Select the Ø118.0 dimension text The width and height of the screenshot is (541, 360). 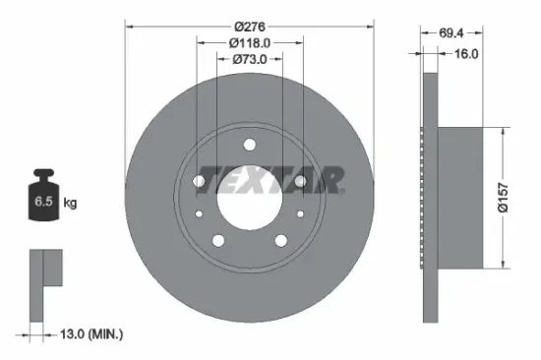[x=250, y=43]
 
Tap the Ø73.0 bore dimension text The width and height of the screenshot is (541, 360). [x=250, y=61]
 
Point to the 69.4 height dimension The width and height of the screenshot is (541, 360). [x=452, y=32]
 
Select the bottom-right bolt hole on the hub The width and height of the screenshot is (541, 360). [x=279, y=240]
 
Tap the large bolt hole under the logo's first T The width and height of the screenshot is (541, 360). [x=200, y=182]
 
